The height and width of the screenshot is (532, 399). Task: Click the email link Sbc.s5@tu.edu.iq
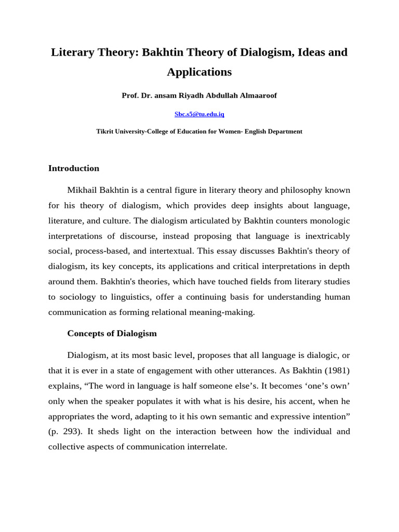point(199,114)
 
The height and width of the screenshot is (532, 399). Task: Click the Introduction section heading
point(73,168)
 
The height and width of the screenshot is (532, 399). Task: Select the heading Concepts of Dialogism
point(112,333)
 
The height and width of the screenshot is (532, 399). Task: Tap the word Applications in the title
point(199,72)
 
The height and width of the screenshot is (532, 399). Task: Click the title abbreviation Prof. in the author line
point(130,96)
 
